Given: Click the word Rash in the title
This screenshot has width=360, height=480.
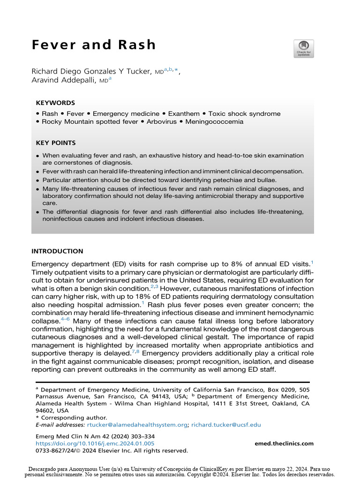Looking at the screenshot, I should (135, 45).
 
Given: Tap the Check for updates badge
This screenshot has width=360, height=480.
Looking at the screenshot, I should (304, 49).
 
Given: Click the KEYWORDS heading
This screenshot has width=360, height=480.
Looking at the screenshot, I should (55, 103).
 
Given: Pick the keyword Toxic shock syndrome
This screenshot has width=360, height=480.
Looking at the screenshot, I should (244, 114).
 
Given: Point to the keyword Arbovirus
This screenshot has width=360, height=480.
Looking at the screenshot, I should (162, 122).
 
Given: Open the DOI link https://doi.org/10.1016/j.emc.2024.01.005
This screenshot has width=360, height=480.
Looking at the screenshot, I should (95, 443).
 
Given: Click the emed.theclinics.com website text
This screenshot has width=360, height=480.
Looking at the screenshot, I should (284, 443).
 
